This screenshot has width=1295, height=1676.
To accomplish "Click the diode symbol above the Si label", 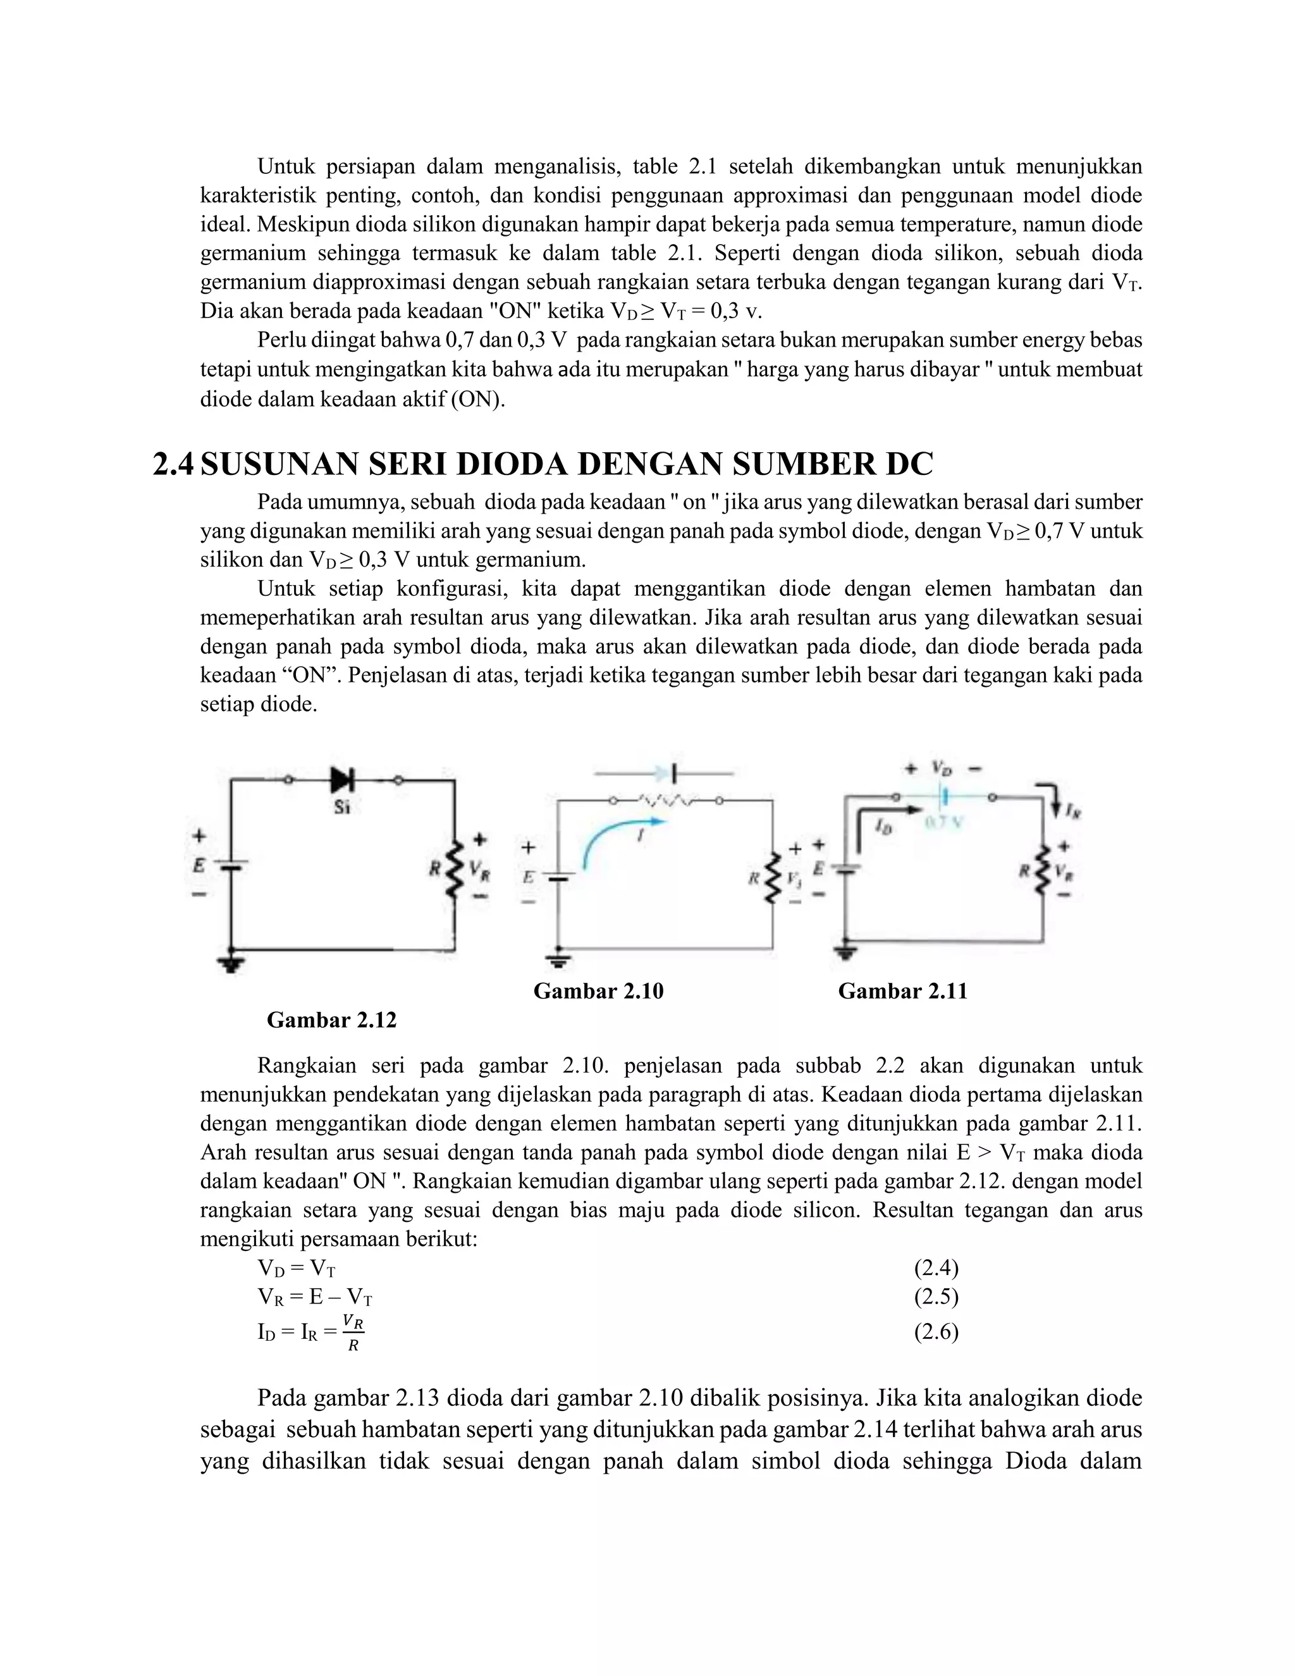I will coord(342,780).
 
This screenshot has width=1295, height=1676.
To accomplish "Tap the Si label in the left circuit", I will coord(342,807).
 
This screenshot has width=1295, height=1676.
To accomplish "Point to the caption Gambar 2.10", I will coord(598,992).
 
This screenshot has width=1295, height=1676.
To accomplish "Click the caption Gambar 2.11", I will coord(902,992).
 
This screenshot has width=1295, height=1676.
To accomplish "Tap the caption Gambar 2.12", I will coord(331,1021).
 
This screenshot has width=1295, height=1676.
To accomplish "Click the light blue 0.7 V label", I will coord(943,822).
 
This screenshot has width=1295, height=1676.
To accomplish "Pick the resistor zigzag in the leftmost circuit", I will coord(454,868).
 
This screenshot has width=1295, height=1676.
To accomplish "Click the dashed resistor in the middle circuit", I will coord(666,801).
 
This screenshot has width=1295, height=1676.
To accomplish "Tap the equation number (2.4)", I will coord(936,1269).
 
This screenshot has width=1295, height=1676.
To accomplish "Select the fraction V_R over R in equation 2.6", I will coord(353,1333).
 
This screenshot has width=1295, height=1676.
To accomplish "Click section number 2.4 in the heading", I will coord(173,465).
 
